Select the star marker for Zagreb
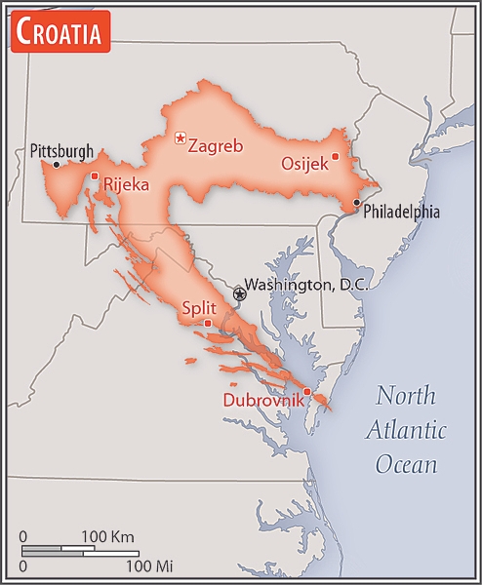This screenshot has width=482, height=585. click(x=180, y=138)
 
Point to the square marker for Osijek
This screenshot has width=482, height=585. click(x=335, y=156)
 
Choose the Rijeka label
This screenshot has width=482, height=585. click(x=127, y=183)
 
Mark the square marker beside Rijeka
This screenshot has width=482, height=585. click(x=95, y=176)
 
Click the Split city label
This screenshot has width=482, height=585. click(x=198, y=308)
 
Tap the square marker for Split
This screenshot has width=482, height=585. click(x=207, y=323)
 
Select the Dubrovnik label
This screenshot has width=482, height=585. click(x=261, y=400)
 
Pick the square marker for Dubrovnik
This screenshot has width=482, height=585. click(x=306, y=392)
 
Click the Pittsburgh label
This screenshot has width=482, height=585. click(x=61, y=151)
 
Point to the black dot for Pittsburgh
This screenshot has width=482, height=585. click(x=57, y=165)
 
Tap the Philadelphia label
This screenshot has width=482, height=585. click(x=401, y=212)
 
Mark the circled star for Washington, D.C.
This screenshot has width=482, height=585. click(x=239, y=292)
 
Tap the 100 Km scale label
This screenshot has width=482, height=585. click(x=107, y=536)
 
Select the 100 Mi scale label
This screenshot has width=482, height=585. click(x=149, y=565)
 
